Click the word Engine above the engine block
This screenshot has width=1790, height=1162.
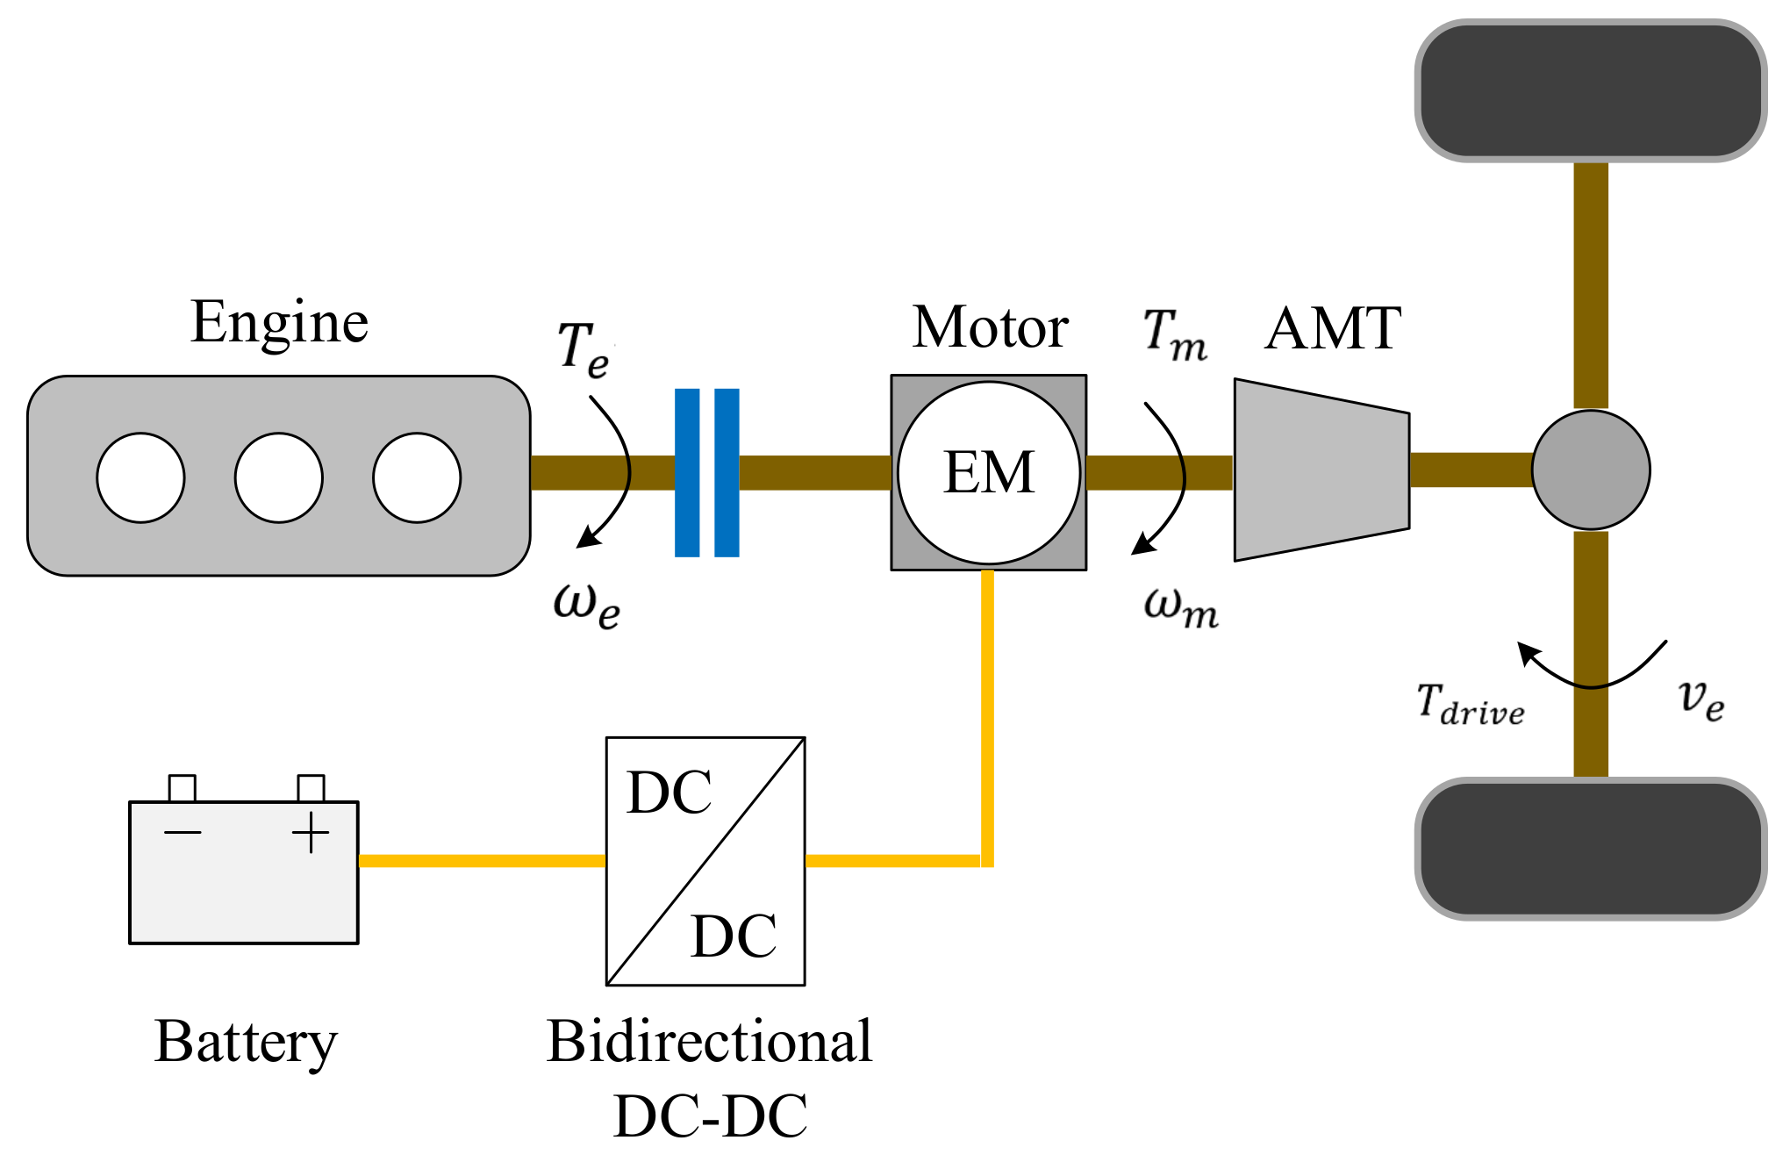(279, 323)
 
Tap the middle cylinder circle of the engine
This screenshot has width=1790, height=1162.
(279, 477)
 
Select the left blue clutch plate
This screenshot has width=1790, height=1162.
(687, 472)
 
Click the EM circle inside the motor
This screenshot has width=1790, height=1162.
(989, 472)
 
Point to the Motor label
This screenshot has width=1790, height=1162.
(990, 327)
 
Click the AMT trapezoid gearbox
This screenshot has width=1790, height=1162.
(1321, 470)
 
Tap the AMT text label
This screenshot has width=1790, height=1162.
(1333, 329)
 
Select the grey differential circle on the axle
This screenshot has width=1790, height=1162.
(1591, 470)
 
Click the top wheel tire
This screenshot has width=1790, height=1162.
(1591, 91)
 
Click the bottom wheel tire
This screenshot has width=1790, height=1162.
(1591, 849)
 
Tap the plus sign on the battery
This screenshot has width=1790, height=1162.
(311, 833)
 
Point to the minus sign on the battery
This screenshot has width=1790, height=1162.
(183, 832)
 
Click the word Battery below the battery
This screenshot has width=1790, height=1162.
(246, 1043)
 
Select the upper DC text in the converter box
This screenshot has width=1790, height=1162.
(669, 793)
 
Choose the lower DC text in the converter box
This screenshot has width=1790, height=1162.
(734, 936)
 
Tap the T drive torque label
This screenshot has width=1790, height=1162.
(1471, 705)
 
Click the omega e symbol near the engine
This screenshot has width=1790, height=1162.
(587, 604)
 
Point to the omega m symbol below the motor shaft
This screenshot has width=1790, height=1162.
(1181, 606)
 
